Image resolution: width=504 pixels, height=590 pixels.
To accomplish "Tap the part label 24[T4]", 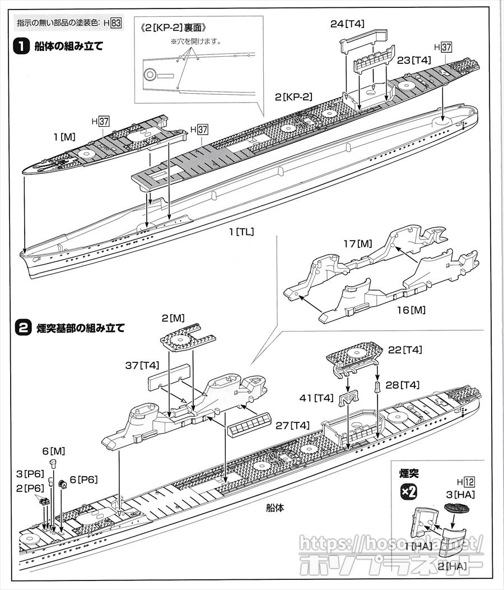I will tap(347, 24).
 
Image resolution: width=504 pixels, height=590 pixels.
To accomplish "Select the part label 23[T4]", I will tap(414, 60).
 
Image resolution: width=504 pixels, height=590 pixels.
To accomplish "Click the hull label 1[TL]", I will tap(239, 231).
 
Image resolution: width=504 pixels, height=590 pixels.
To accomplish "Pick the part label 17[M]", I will tap(357, 243).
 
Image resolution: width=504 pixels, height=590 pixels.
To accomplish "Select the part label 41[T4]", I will tap(316, 398).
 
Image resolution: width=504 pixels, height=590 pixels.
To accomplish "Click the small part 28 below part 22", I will tap(377, 385).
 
